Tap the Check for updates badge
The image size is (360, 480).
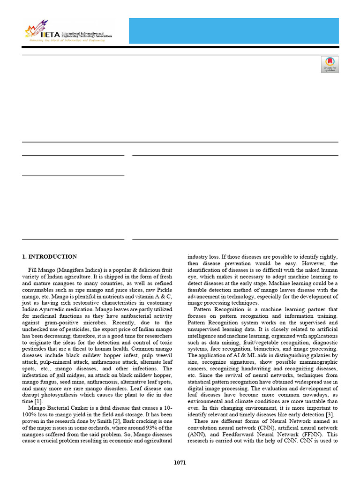tap(330, 64)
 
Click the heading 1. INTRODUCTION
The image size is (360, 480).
tap(50, 256)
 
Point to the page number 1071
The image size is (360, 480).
tap(180, 463)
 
